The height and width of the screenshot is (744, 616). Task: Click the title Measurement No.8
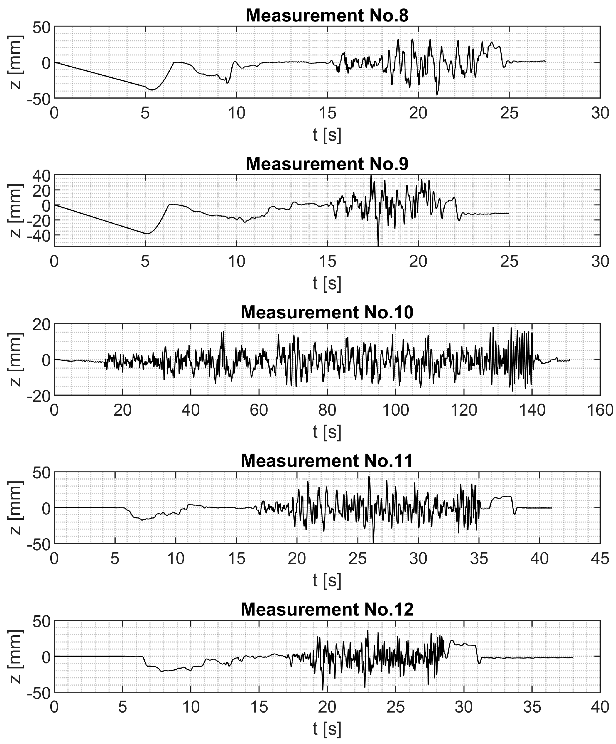[x=327, y=16]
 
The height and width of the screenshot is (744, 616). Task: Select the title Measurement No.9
[x=327, y=164]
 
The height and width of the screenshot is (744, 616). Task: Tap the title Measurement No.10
[x=327, y=312]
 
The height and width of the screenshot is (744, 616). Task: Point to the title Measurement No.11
[x=327, y=461]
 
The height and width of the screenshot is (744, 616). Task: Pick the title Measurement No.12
[x=327, y=609]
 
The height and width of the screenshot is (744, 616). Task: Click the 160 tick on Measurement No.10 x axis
[x=600, y=411]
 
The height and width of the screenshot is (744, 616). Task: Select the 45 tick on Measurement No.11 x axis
[x=600, y=559]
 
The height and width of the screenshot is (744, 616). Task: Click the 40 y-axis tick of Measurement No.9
[x=41, y=175]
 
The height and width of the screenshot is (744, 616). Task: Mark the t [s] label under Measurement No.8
[x=327, y=135]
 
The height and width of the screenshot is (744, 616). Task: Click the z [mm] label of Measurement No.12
[x=16, y=656]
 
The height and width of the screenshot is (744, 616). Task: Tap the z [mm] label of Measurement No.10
[x=16, y=360]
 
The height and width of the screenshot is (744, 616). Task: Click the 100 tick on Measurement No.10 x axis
[x=395, y=411]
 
